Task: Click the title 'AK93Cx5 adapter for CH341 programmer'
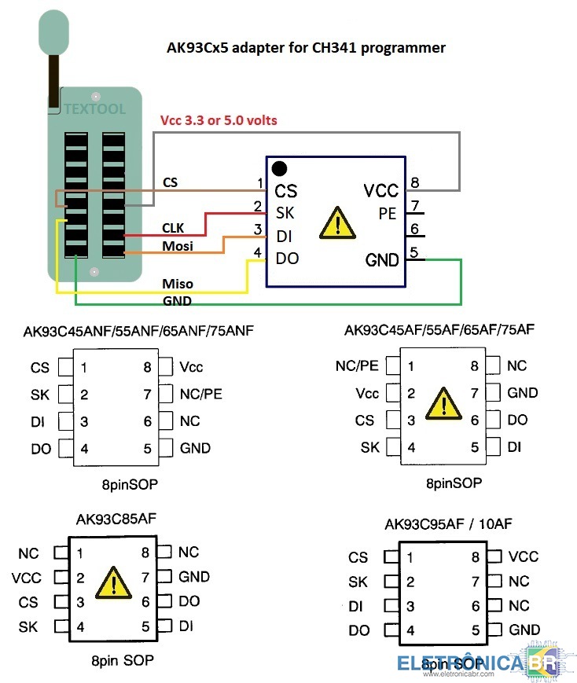(x=306, y=47)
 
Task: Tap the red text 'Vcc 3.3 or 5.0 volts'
(x=219, y=120)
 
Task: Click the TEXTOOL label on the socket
(x=94, y=108)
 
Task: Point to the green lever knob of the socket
(x=53, y=33)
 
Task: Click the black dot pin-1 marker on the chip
(x=279, y=168)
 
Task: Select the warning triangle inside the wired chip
(x=337, y=223)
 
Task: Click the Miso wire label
(x=178, y=284)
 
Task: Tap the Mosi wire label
(x=178, y=246)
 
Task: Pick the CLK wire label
(x=173, y=228)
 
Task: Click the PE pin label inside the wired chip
(x=388, y=214)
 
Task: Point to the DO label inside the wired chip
(x=287, y=259)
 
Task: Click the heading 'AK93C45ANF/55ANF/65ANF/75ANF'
(x=138, y=331)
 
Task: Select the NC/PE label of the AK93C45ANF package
(x=201, y=395)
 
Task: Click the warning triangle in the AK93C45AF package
(x=443, y=404)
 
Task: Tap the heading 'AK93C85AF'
(x=116, y=519)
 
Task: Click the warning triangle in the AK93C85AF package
(x=113, y=583)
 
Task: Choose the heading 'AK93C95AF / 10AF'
(x=448, y=524)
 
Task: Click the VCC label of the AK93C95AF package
(x=524, y=556)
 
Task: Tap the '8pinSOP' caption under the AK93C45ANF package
(x=130, y=484)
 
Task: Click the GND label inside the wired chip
(x=382, y=260)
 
